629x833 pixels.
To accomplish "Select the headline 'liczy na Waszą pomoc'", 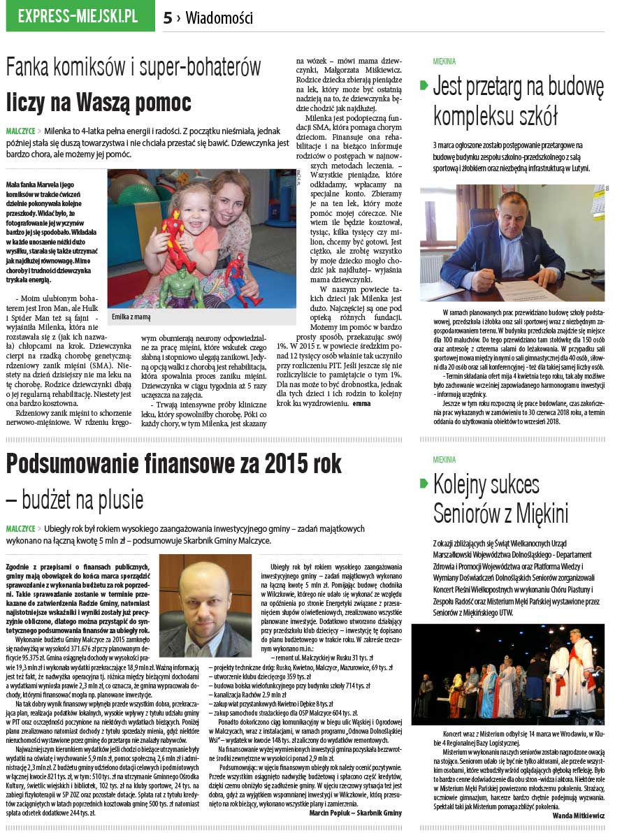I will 99,102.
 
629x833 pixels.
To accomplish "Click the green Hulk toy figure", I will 181,287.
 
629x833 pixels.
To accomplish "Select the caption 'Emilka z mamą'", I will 131,317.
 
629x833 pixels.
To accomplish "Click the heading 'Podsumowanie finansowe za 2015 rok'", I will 174,464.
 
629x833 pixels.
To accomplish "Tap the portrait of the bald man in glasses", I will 205,607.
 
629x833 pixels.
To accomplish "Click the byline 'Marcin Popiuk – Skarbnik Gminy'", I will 355,813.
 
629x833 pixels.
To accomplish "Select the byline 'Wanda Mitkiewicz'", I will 578,816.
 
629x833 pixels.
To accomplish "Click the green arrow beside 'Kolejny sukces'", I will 424,484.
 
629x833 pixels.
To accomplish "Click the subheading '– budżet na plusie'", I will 75,500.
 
